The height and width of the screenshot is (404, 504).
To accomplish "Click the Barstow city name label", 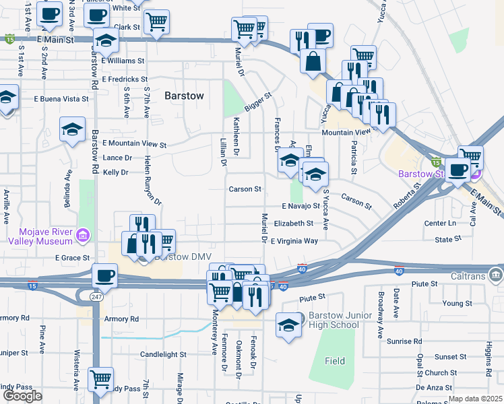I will (184, 96).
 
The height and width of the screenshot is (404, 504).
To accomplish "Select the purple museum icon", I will (83, 235).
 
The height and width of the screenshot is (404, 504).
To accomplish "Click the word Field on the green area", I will (335, 361).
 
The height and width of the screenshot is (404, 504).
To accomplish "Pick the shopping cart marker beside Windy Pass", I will (100, 378).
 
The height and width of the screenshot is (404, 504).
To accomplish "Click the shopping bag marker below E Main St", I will (313, 61).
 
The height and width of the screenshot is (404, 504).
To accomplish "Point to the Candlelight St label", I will (163, 354).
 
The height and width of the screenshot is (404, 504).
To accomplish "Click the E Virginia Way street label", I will (294, 240).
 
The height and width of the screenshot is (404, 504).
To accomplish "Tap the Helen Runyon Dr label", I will (152, 180).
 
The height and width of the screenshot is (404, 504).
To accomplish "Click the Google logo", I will (22, 396).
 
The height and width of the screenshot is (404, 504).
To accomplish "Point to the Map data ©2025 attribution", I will (475, 399).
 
